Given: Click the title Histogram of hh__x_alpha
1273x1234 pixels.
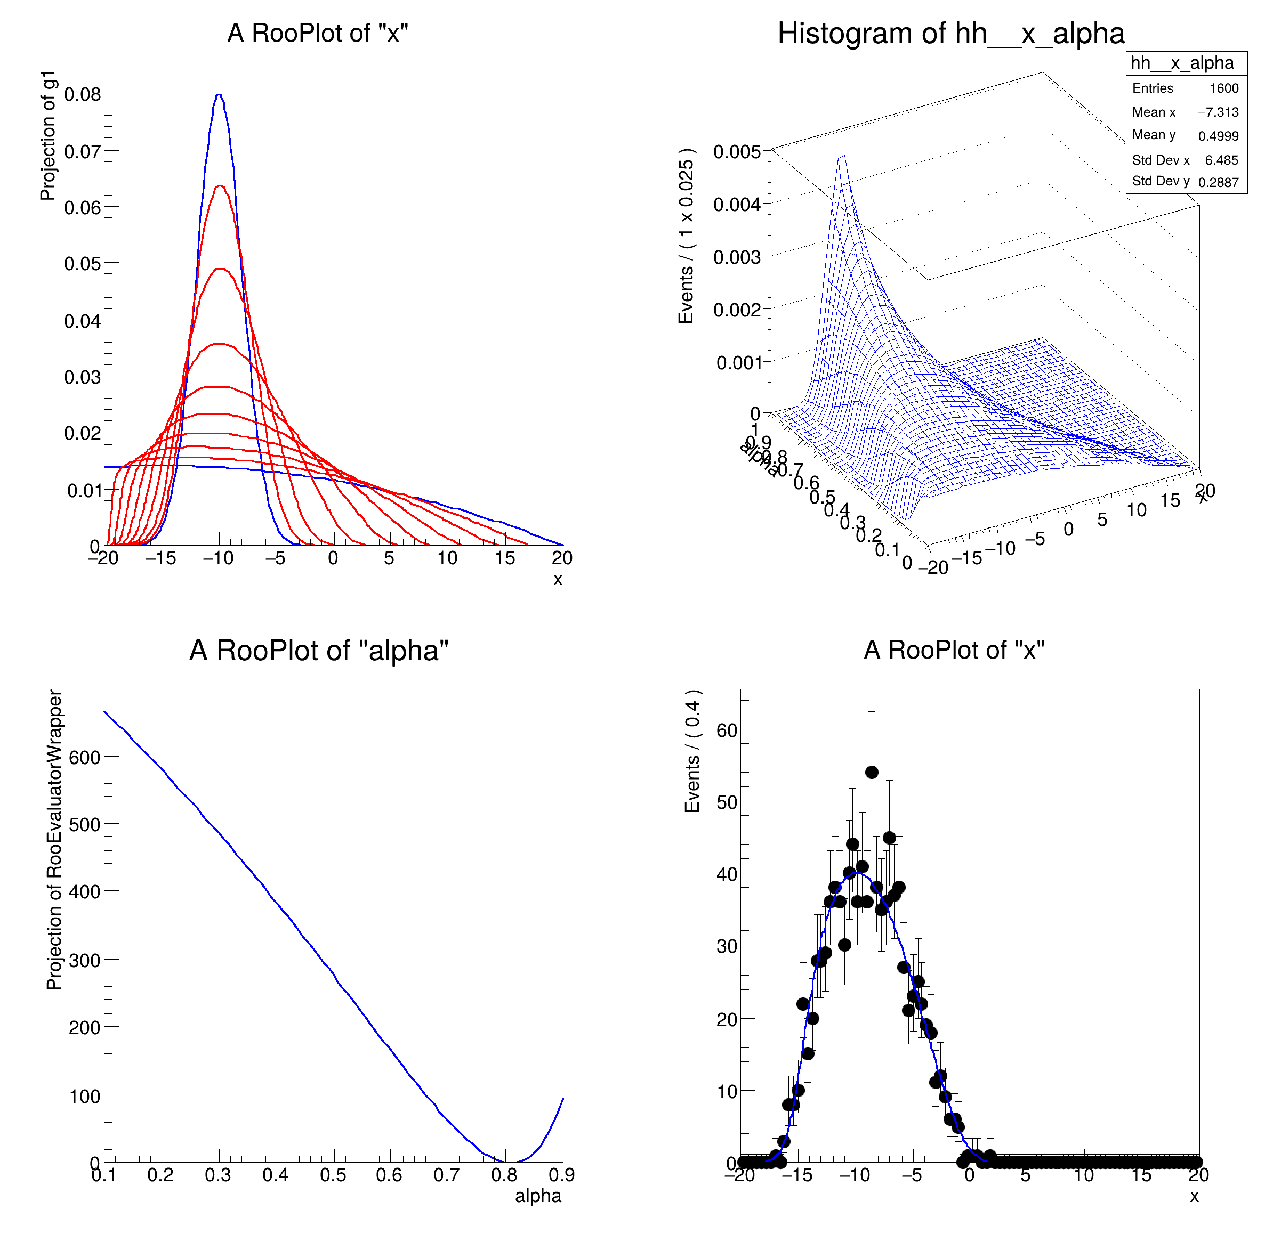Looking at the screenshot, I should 951,34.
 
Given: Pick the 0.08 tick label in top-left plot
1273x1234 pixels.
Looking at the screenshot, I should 83,95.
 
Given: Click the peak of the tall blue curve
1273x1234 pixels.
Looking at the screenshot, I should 220,95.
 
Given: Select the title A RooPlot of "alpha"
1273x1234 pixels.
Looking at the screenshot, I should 319,651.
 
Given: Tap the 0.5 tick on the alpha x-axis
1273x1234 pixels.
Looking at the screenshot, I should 333,1175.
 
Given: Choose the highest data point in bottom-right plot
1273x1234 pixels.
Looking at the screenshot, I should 872,772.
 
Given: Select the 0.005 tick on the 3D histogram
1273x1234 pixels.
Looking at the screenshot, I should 737,152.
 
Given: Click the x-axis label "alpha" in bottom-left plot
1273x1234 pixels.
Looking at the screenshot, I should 538,1196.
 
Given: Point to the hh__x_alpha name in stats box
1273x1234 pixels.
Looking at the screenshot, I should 1182,63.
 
